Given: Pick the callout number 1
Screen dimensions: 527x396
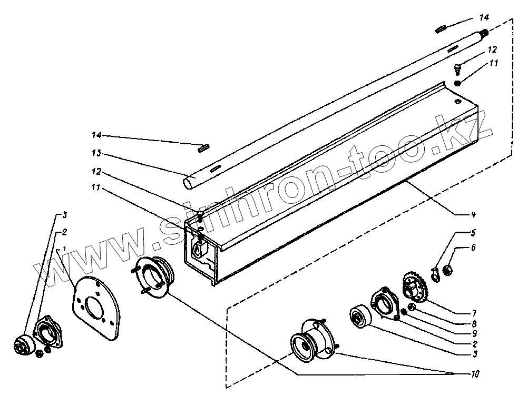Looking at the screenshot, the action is click(64, 249).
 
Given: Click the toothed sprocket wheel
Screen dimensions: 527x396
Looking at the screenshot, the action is click(415, 288).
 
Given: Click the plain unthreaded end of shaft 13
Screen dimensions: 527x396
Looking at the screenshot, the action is click(188, 183).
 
